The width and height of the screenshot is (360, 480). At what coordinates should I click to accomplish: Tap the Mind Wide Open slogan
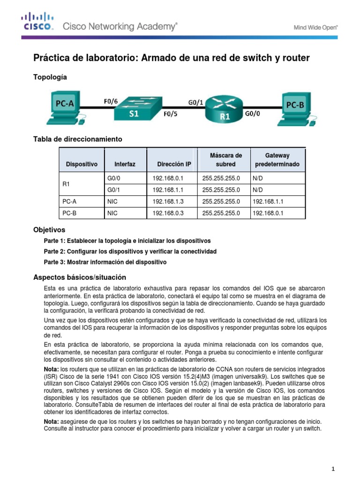point(315,28)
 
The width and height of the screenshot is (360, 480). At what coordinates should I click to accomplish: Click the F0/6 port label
point(111,100)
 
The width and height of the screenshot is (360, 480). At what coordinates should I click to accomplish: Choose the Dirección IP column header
point(174,165)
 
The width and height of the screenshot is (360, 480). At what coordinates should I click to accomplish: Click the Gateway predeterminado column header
point(277,160)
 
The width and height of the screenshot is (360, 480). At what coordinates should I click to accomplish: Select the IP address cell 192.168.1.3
point(169,202)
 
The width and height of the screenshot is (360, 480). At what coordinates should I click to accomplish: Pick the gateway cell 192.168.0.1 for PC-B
point(268,213)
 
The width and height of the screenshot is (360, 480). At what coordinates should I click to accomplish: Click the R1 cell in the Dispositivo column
point(66,184)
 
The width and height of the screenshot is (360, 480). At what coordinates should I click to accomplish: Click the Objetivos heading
point(49,230)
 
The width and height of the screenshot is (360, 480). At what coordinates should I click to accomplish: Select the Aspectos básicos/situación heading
point(80,277)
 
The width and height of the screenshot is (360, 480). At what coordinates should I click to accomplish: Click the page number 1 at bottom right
point(332,469)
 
